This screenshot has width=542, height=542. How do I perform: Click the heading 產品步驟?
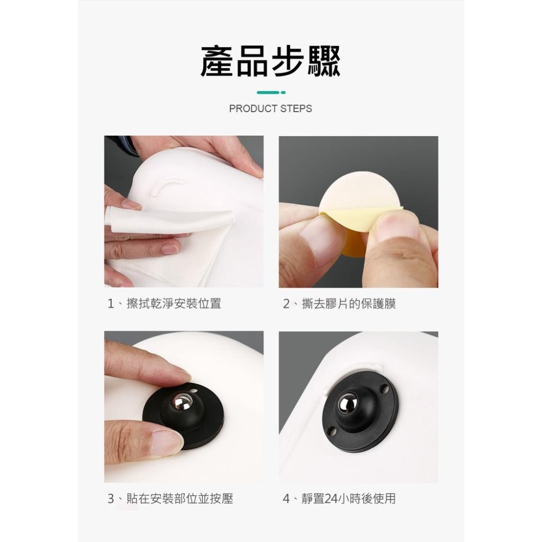270,61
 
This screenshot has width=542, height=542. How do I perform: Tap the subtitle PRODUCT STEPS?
270,108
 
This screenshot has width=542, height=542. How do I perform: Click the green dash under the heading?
269,93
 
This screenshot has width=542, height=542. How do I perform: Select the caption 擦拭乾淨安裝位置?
173,304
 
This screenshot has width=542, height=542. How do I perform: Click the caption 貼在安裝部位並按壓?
179,499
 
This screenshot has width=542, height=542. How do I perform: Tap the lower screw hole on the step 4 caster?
332,431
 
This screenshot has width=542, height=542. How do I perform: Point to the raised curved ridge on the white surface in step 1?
165,186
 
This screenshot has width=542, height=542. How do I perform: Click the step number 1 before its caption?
111,304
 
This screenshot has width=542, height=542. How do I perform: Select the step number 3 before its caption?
111,499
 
